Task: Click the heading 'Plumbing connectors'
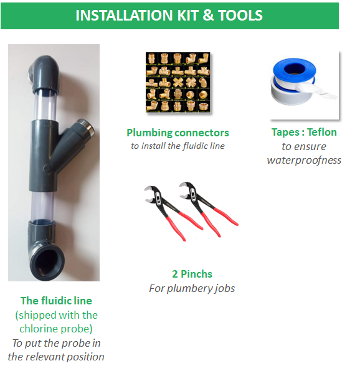[x=178, y=133]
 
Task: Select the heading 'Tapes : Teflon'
[x=304, y=133]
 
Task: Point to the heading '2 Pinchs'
[x=192, y=274]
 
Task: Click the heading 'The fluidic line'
[x=56, y=301]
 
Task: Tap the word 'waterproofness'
[x=304, y=160]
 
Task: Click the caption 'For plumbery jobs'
[x=192, y=288]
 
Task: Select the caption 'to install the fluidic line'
[x=178, y=146]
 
